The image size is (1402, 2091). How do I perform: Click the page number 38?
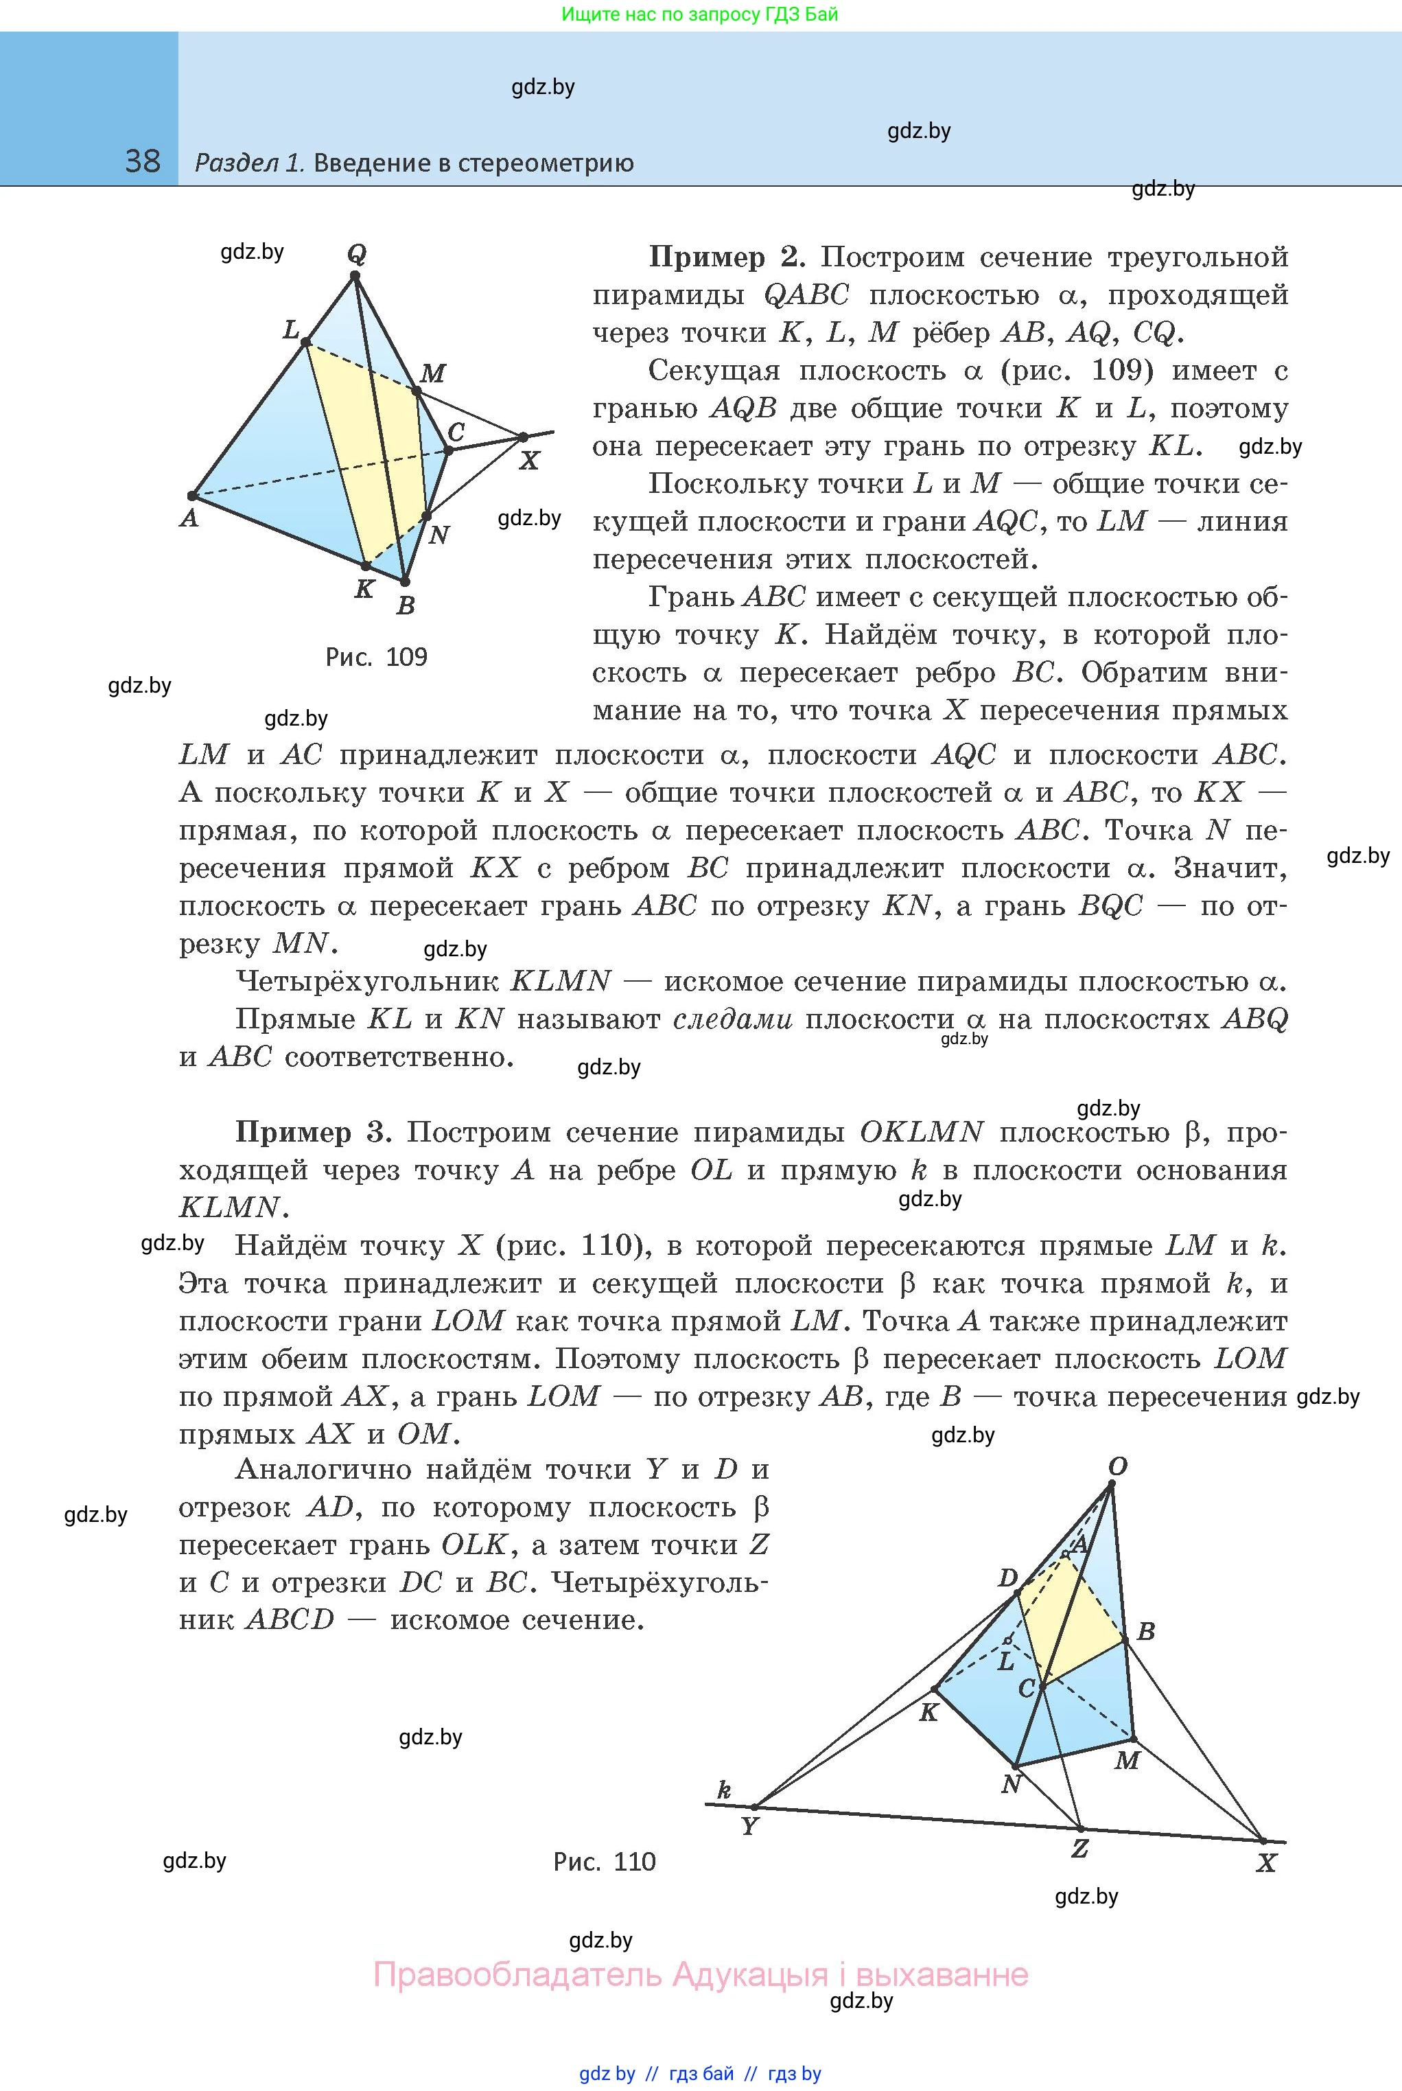(x=142, y=162)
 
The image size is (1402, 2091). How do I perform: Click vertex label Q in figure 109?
(x=357, y=254)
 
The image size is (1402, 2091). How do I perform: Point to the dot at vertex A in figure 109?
(x=191, y=496)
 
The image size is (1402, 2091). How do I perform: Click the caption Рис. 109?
(x=377, y=658)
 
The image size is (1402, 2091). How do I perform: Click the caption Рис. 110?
(x=605, y=1862)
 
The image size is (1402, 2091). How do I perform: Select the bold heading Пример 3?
(x=313, y=1132)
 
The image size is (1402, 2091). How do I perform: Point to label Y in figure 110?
(x=749, y=1828)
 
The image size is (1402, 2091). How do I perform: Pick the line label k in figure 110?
(x=724, y=1790)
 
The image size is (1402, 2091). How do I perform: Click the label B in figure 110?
(x=1145, y=1631)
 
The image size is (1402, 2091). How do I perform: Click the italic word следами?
(x=732, y=1019)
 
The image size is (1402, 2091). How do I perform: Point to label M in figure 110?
(x=1127, y=1760)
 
